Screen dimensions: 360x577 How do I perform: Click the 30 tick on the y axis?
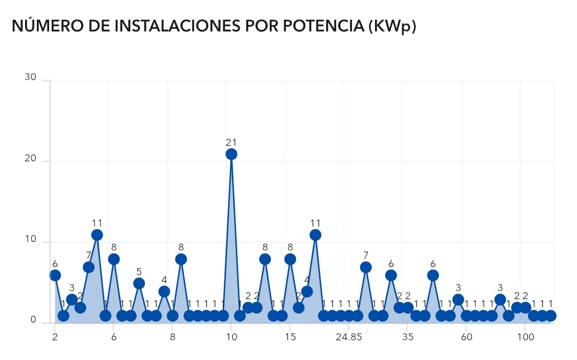(30, 77)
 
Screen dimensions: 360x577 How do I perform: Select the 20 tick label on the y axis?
(30, 159)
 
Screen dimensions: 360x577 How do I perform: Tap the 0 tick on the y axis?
(33, 320)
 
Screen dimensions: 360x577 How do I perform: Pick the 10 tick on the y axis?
(30, 239)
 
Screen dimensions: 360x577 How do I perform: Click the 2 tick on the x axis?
(55, 338)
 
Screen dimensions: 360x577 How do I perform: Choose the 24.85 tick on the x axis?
(349, 338)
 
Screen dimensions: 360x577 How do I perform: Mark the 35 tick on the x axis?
(408, 338)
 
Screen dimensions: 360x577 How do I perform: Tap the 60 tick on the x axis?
(466, 338)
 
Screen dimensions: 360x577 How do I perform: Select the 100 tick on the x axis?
(526, 338)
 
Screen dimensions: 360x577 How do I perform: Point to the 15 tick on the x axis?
(290, 338)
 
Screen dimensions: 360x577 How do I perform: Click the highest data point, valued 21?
(231, 154)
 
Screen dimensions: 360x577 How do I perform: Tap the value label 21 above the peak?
(231, 143)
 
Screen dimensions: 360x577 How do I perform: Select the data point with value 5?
(139, 284)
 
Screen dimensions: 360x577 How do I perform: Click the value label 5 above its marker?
(139, 272)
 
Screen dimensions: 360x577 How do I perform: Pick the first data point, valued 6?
(55, 276)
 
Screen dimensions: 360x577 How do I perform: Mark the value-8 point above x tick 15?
(290, 260)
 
